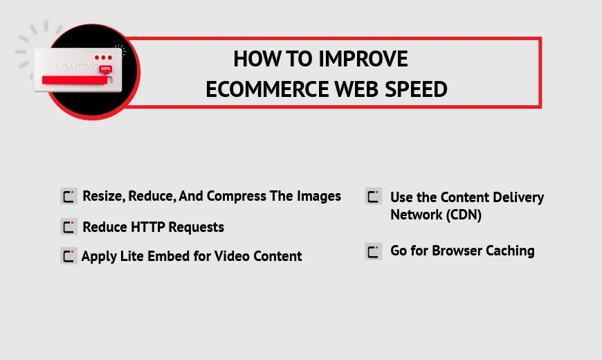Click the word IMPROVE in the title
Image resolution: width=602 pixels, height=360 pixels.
(x=363, y=59)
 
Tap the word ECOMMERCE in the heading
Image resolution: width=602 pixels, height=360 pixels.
(x=268, y=89)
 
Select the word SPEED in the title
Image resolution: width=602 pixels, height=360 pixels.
(x=416, y=89)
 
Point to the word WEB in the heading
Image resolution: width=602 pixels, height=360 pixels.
(x=356, y=89)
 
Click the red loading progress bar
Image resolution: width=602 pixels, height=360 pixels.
(x=75, y=80)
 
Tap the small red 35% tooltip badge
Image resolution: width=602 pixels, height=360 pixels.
(x=106, y=69)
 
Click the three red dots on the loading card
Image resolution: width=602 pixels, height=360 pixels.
(x=103, y=57)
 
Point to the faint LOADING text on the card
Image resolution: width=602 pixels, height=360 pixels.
(x=77, y=68)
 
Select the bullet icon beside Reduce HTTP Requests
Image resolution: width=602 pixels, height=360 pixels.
(x=69, y=226)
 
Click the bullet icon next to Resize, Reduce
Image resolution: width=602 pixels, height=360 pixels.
(x=69, y=196)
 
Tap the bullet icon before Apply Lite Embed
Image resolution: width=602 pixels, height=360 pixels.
(x=69, y=256)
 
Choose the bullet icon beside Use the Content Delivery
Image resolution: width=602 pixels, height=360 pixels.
(x=373, y=197)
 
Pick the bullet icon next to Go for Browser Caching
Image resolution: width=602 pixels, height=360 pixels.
(x=373, y=252)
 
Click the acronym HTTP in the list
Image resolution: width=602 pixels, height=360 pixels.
(x=147, y=227)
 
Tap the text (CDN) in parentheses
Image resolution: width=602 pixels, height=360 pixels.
(x=464, y=215)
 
